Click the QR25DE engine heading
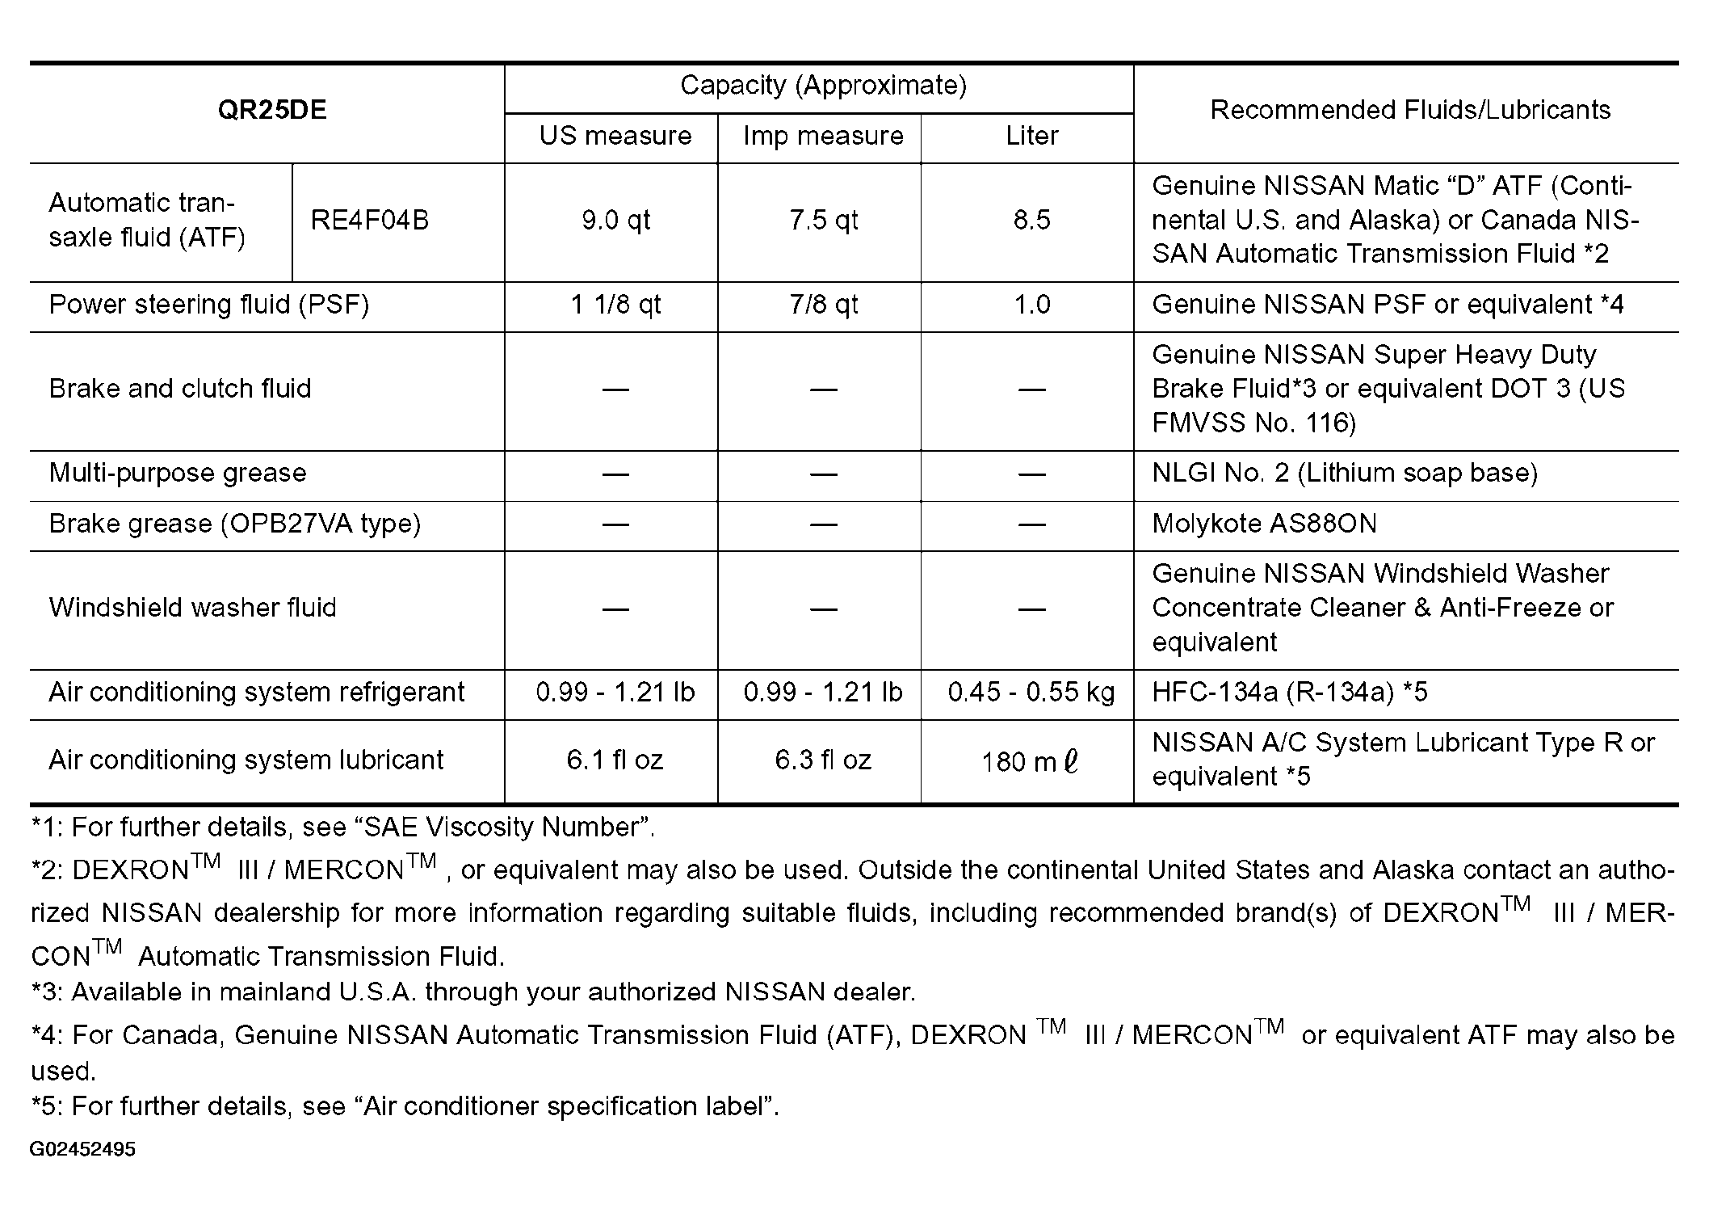pos(272,110)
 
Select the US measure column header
pos(615,136)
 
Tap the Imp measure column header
pos(823,136)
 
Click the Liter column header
pos(1031,136)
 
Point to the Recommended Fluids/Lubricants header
pos(1410,110)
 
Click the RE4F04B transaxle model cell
pos(370,220)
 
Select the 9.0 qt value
pos(615,220)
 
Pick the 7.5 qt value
pos(823,220)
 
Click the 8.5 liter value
pos(1031,220)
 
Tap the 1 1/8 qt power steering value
pos(615,305)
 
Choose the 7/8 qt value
pos(823,305)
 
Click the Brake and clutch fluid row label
pos(180,389)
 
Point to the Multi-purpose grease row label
pos(178,473)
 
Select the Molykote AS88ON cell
pos(1264,524)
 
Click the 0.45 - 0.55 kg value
pos(1031,693)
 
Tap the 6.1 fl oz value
pos(615,760)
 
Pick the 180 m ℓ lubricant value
pos(1030,761)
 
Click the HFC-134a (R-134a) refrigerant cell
pos(1290,693)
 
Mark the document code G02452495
pos(82,1149)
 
